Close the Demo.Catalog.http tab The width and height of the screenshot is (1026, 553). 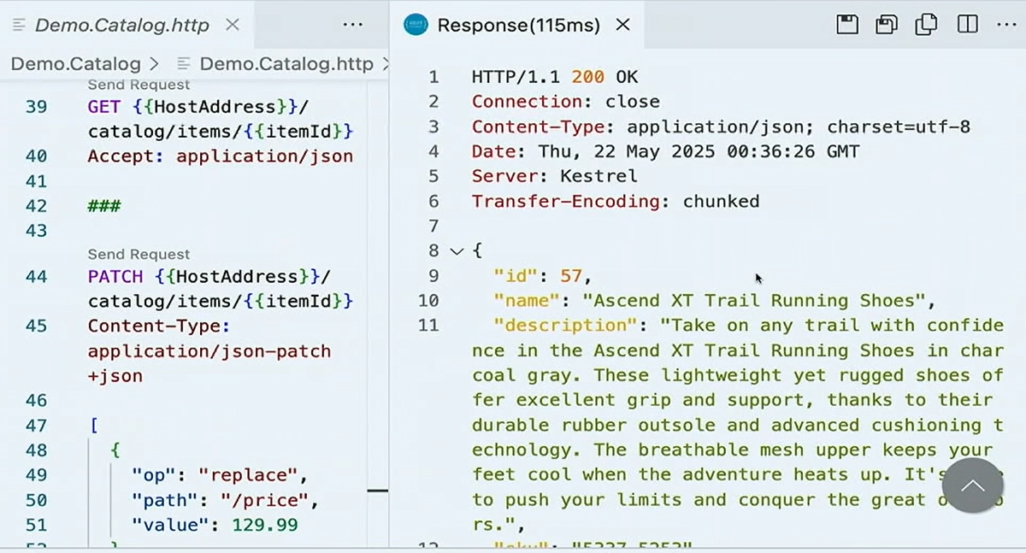coord(232,25)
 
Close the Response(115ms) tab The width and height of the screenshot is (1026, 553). coord(623,25)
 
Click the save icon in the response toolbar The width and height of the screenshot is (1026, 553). coord(847,24)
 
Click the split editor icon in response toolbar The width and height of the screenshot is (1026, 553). coord(968,24)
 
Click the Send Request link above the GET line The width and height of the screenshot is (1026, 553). coord(139,85)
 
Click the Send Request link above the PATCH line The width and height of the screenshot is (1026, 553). coord(139,254)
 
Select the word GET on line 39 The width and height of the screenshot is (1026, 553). coord(104,107)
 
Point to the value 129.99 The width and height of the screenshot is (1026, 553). coord(265,525)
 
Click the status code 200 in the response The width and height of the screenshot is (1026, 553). coord(588,77)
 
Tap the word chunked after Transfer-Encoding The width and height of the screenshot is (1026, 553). coord(721,201)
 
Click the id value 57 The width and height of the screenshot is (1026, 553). coord(571,275)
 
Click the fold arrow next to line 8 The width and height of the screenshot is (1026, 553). coord(457,251)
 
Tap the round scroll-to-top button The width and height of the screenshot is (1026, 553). coord(972,485)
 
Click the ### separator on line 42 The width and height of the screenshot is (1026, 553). coord(104,206)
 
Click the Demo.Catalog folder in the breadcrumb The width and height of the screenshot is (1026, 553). coord(75,64)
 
